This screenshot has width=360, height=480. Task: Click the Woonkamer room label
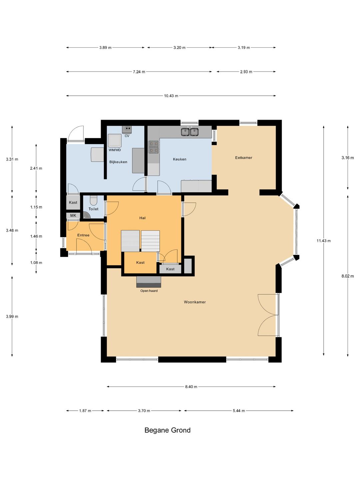point(195,302)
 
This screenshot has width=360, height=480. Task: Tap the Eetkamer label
point(243,157)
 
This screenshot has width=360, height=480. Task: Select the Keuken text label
point(179,159)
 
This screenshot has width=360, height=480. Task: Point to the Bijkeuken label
point(118,162)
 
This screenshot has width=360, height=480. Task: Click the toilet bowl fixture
point(94,200)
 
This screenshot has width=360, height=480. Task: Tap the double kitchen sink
point(190,132)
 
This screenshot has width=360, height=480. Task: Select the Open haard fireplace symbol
point(149,282)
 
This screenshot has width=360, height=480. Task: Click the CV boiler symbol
point(127,130)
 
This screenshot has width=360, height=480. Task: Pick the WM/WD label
point(115,150)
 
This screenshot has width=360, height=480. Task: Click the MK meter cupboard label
point(73,216)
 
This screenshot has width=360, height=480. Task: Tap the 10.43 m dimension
point(171,96)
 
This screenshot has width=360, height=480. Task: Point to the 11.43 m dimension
point(323,241)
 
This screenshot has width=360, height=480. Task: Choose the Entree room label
point(83,235)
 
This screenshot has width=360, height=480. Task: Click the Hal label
point(142,218)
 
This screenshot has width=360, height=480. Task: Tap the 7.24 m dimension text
point(139,72)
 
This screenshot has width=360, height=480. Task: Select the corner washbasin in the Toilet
point(87,215)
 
